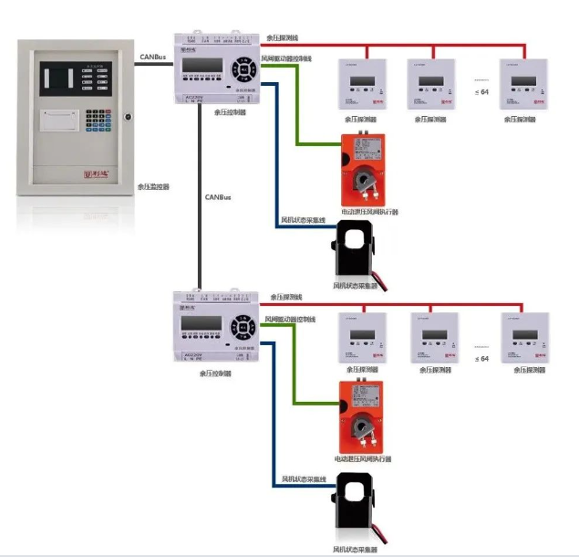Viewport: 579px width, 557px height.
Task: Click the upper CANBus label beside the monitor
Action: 152,57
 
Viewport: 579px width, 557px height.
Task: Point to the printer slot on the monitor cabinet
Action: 59,117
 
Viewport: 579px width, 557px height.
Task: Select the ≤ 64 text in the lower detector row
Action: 483,359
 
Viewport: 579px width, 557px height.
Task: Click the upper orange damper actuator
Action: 362,170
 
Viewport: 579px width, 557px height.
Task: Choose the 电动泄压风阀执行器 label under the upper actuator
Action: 369,212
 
